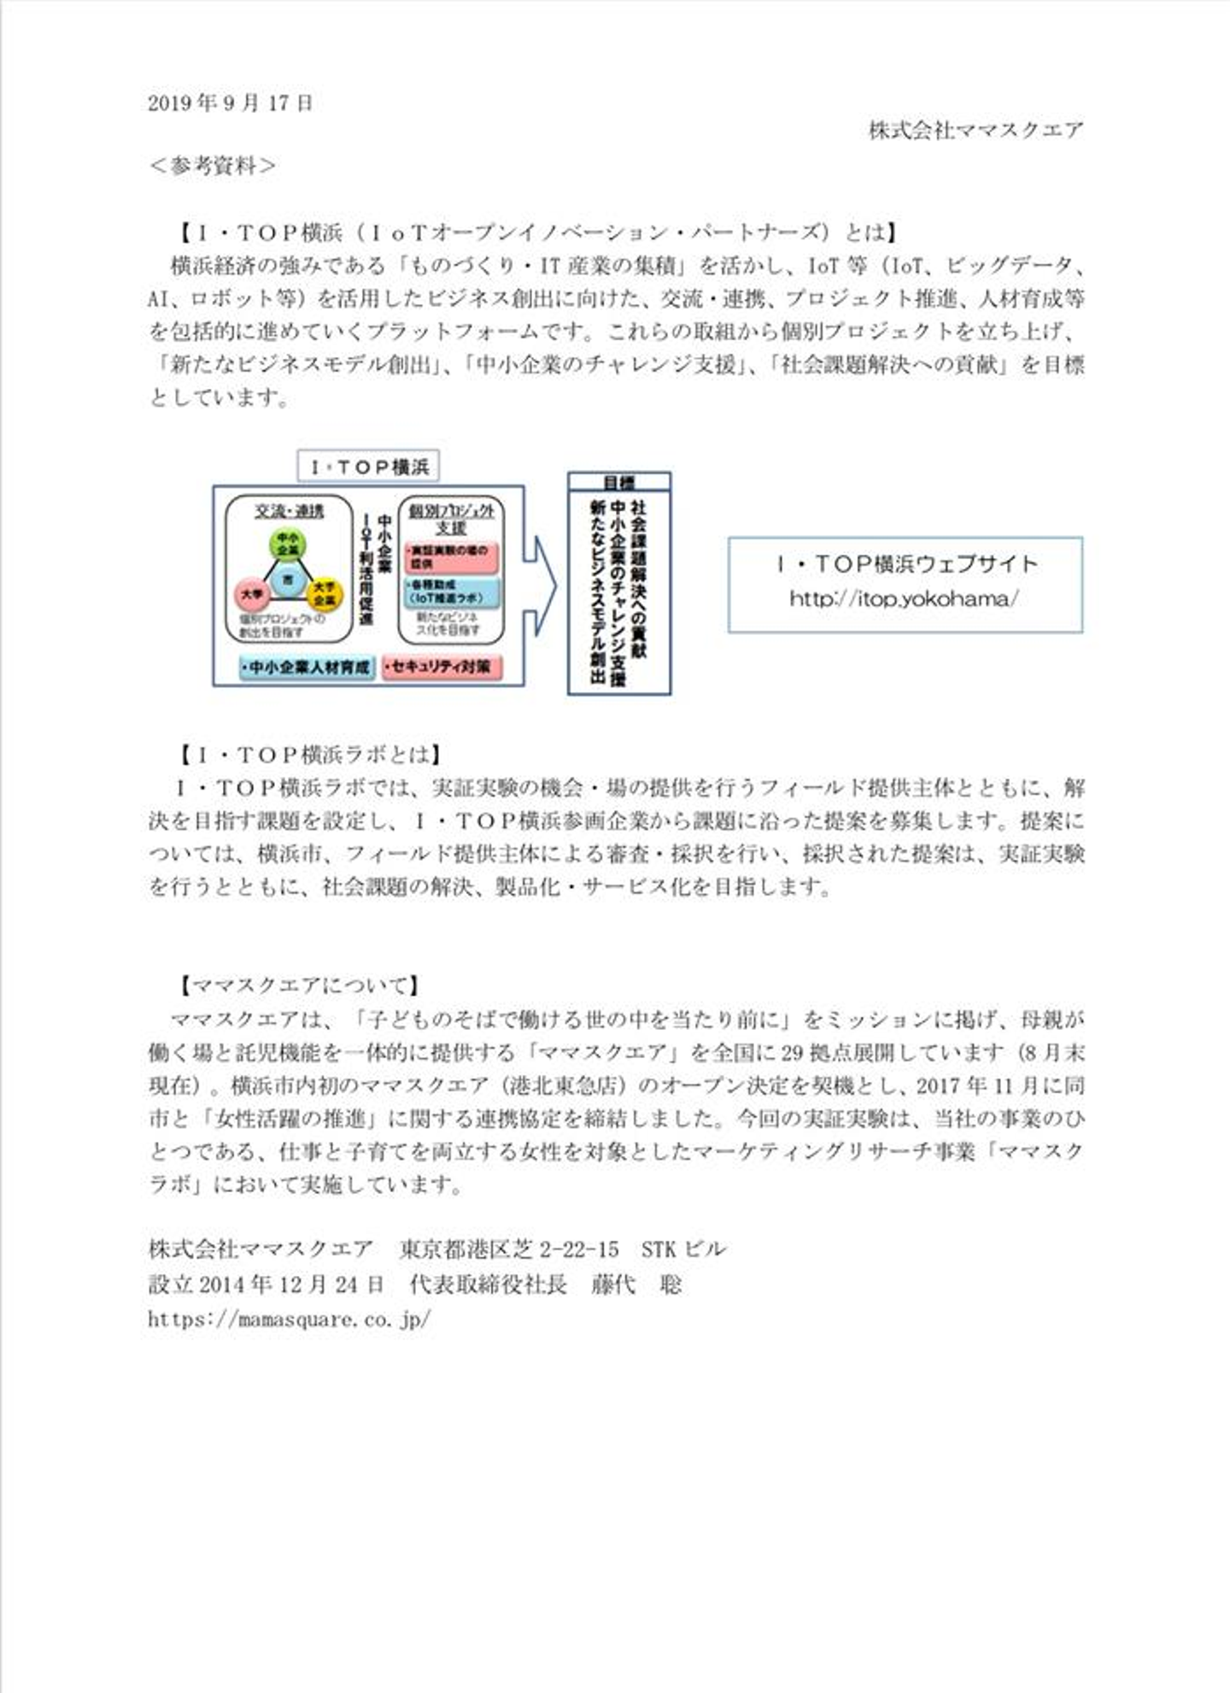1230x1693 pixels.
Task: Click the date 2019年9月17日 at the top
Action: [x=231, y=103]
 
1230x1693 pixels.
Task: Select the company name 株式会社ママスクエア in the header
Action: [x=975, y=131]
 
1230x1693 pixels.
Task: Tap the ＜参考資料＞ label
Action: [x=213, y=166]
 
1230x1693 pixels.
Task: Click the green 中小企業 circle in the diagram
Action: [x=288, y=544]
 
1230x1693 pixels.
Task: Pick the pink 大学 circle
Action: [x=252, y=592]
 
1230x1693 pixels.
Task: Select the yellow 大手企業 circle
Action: [x=325, y=594]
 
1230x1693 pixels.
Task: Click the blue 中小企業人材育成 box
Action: [x=307, y=667]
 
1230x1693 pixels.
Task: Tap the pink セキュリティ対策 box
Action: [x=442, y=667]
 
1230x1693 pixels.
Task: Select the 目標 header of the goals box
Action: [x=619, y=483]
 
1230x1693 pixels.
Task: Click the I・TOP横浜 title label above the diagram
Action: [x=368, y=467]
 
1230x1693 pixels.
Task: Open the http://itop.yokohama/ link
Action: [x=904, y=599]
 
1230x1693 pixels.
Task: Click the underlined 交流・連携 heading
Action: [x=289, y=511]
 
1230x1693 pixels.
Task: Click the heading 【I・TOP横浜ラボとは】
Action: [x=310, y=755]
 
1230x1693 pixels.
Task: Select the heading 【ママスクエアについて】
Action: [x=298, y=985]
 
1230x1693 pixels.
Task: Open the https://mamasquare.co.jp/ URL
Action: [x=289, y=1319]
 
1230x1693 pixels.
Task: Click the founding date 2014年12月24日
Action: [x=290, y=1284]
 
